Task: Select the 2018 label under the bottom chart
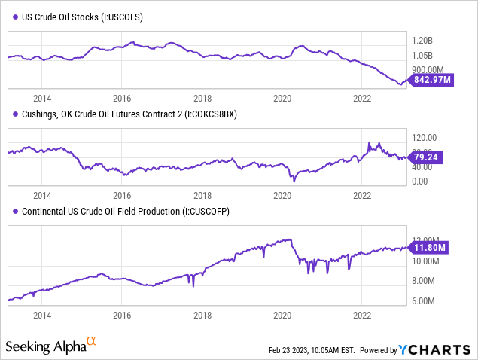202,318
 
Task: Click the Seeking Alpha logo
50,346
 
